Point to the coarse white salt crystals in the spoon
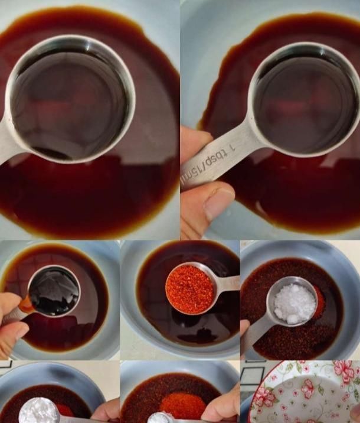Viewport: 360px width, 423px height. coord(295,303)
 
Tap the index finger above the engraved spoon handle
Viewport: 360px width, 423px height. coord(195,140)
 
